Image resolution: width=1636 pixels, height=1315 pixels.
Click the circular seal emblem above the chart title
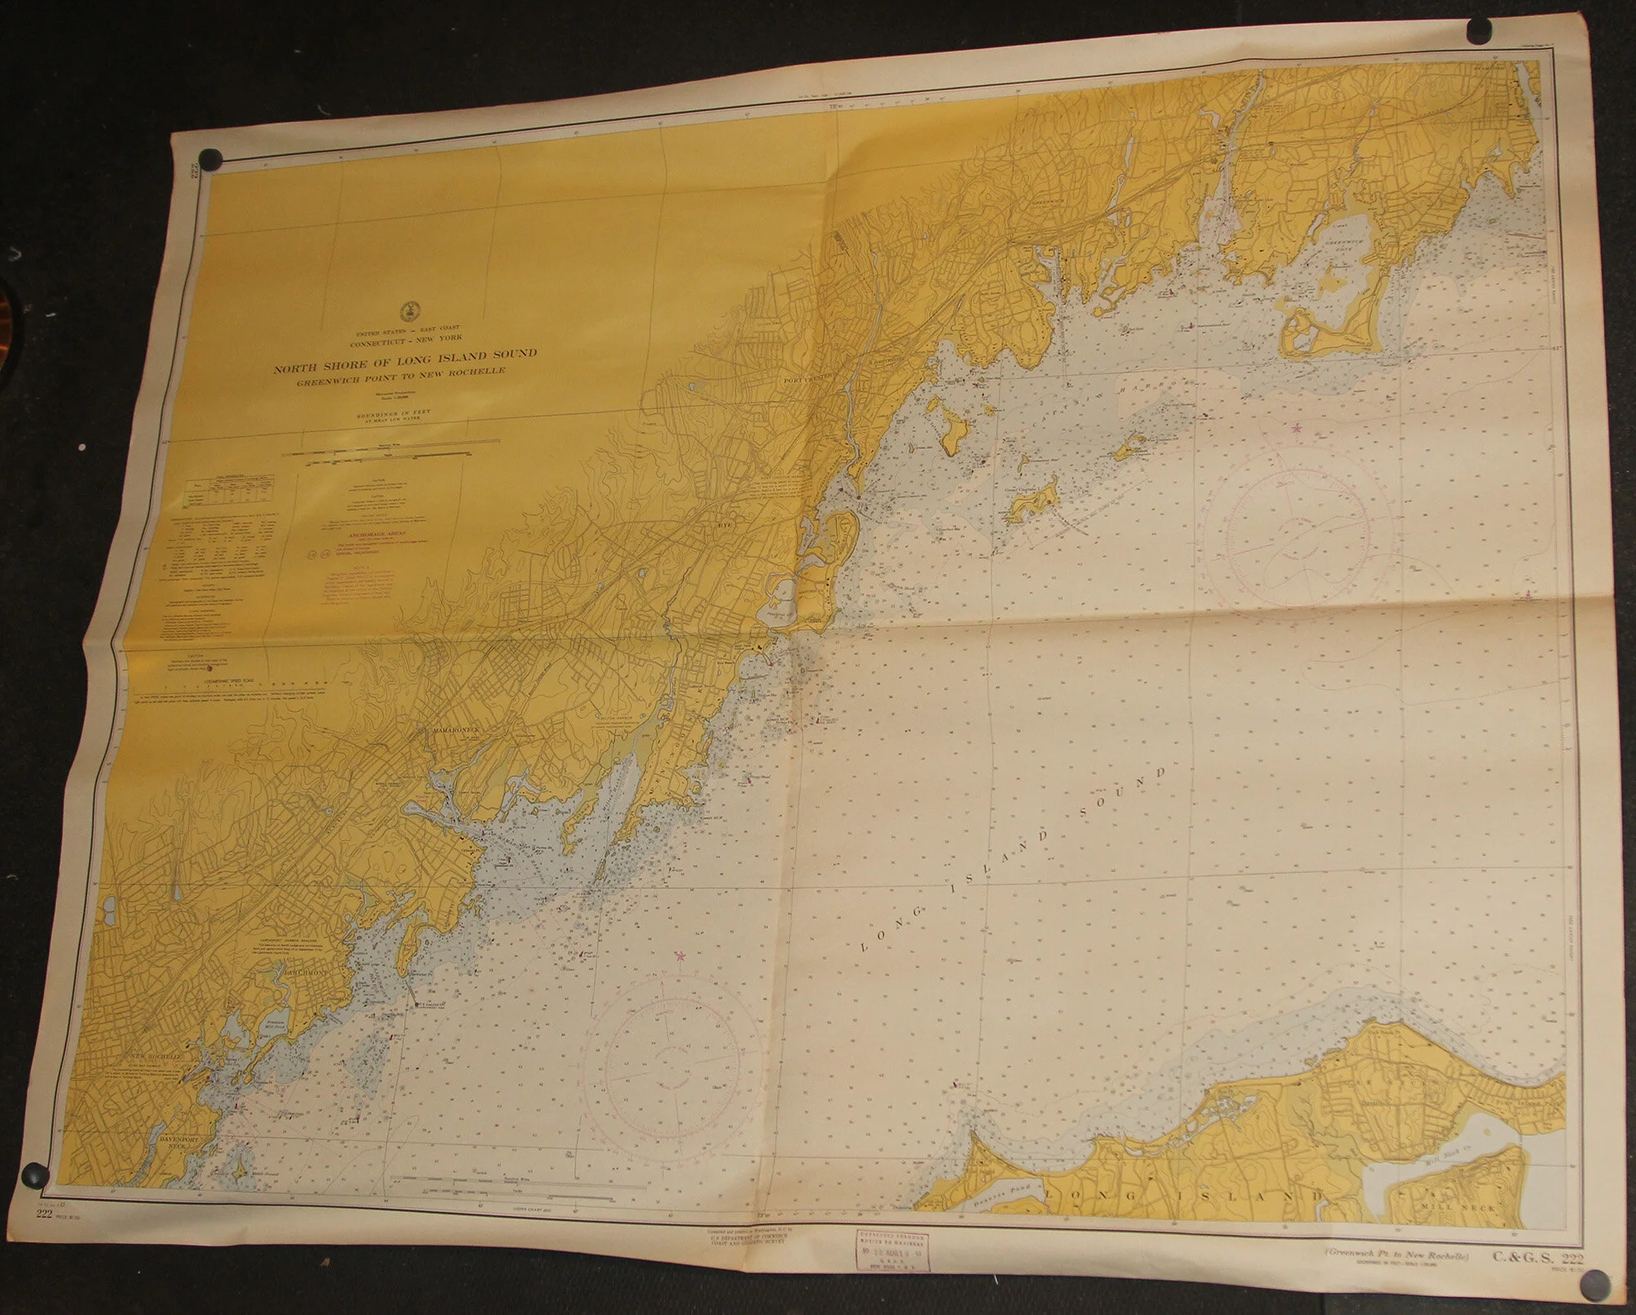[407, 310]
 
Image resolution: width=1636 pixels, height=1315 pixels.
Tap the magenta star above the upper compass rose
[1295, 427]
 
